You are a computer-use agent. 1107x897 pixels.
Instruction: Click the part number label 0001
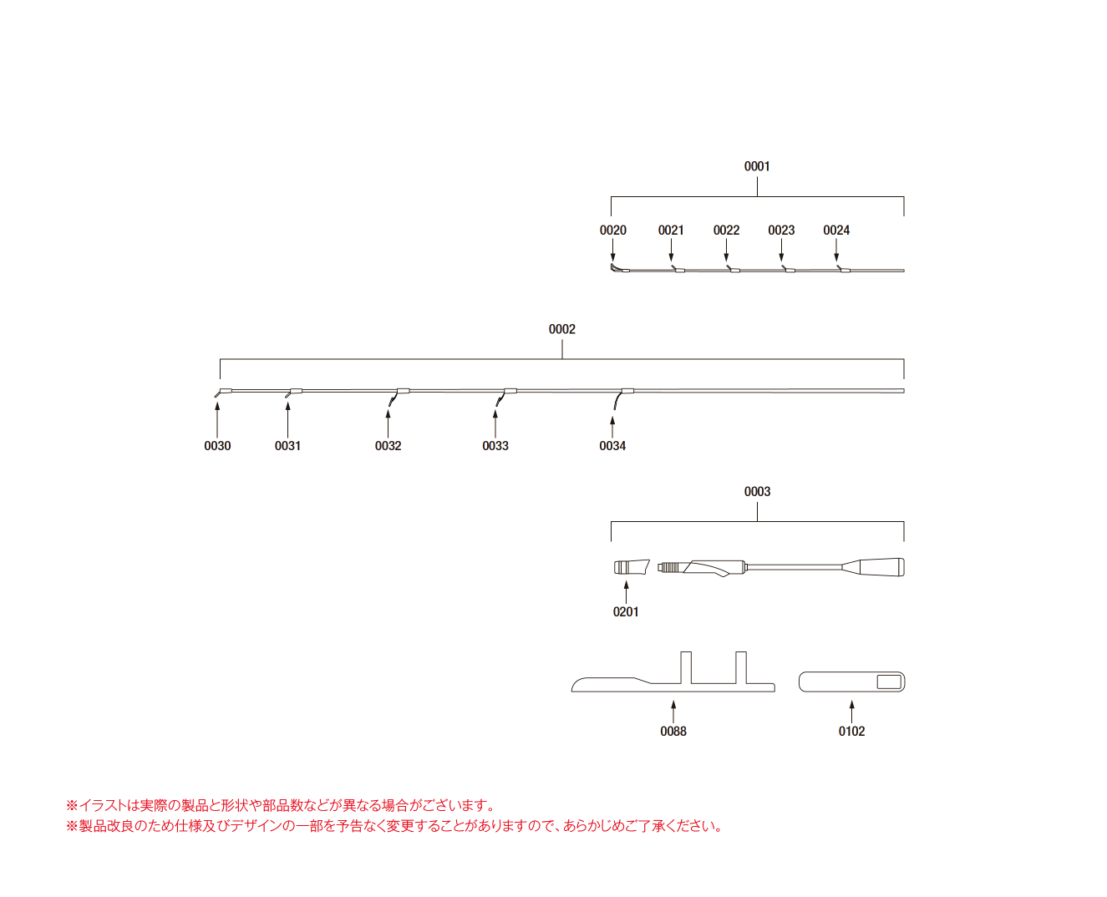coord(756,166)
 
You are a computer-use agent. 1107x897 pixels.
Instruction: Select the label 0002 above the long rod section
coord(561,329)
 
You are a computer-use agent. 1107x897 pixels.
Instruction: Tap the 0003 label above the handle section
coord(757,491)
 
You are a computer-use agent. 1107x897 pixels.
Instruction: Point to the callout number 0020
coord(612,230)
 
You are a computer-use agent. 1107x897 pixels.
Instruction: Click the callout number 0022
coord(726,230)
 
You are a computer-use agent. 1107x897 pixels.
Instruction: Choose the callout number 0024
coord(836,230)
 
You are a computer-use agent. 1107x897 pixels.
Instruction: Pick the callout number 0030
coord(217,446)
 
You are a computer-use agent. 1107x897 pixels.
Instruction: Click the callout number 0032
coord(388,446)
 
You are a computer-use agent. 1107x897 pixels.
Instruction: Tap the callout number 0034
coord(612,446)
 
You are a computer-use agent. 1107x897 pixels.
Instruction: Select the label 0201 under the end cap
coord(626,612)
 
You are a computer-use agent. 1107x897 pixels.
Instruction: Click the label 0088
coord(673,732)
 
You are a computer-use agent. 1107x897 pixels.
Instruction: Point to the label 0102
coord(851,732)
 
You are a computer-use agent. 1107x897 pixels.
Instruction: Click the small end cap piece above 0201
coord(632,567)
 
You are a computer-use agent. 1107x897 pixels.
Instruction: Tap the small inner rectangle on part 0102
coord(889,682)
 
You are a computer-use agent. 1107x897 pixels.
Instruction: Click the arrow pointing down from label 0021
coord(671,250)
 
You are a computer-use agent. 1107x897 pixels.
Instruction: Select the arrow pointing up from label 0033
coord(495,423)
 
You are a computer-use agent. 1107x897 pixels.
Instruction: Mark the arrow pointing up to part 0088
coord(673,712)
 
